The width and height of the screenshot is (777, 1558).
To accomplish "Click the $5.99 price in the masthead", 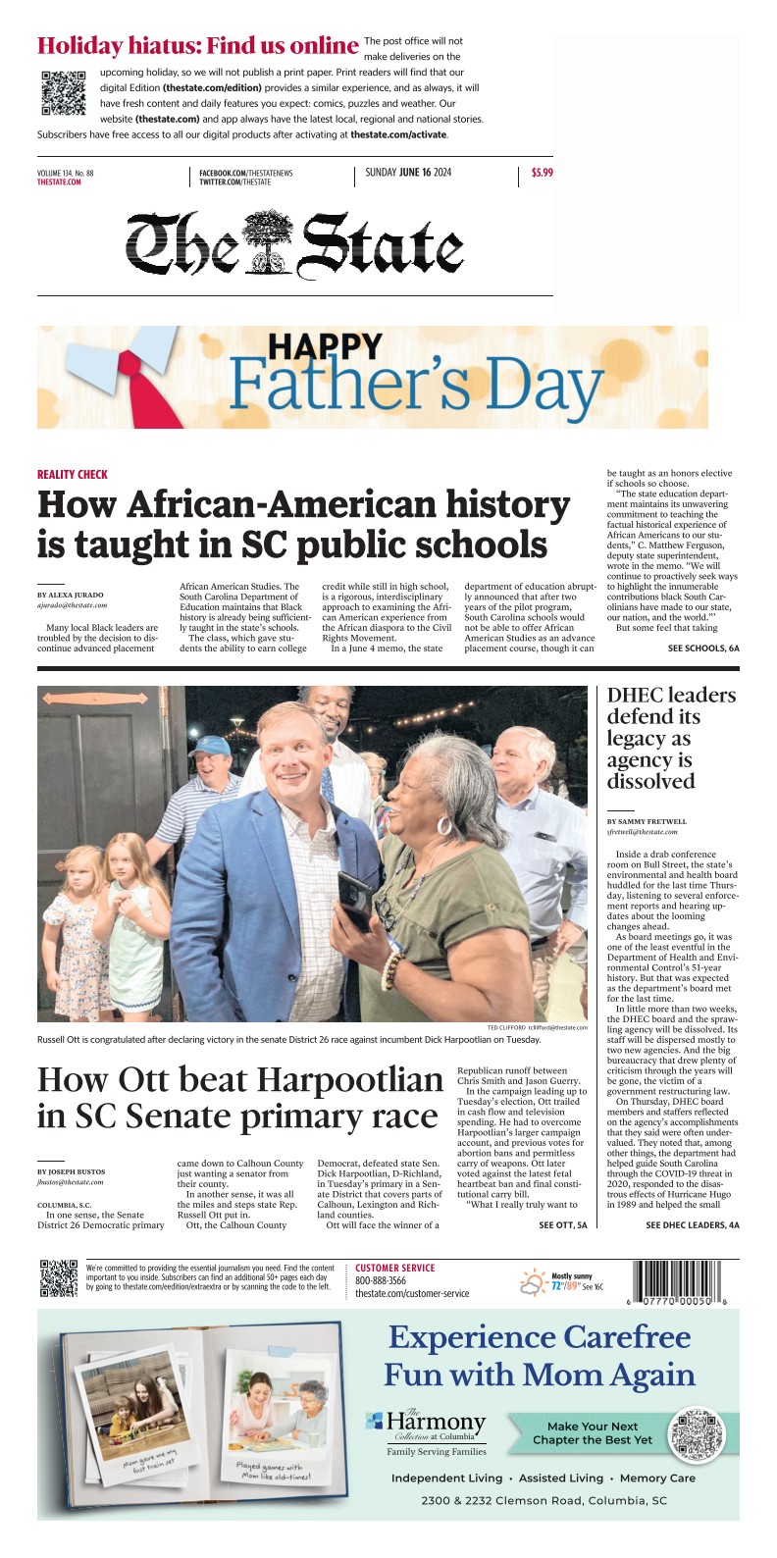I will pos(542,173).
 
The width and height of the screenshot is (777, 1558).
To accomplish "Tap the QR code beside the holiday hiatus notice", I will pos(63,93).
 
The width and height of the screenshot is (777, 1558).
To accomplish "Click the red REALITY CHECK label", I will pos(73,474).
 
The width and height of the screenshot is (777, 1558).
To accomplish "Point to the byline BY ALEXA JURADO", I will pos(70,596).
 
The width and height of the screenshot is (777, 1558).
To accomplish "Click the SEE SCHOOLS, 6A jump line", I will pos(703,649).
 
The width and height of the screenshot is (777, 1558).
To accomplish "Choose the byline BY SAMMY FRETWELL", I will pos(647,821).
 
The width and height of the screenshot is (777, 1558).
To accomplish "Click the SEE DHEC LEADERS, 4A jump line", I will pos(692,1225).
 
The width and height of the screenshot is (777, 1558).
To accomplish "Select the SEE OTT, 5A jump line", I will pos(563,1225).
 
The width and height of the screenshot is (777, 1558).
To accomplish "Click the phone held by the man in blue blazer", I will pos(352,895).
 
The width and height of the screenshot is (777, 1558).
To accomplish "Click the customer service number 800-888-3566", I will pos(381,1280).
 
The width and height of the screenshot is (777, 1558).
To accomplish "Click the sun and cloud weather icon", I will pos(535,1281).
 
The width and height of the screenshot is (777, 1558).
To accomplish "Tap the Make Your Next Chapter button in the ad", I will pos(592,1432).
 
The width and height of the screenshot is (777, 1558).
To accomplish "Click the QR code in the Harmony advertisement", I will pos(696,1433).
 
